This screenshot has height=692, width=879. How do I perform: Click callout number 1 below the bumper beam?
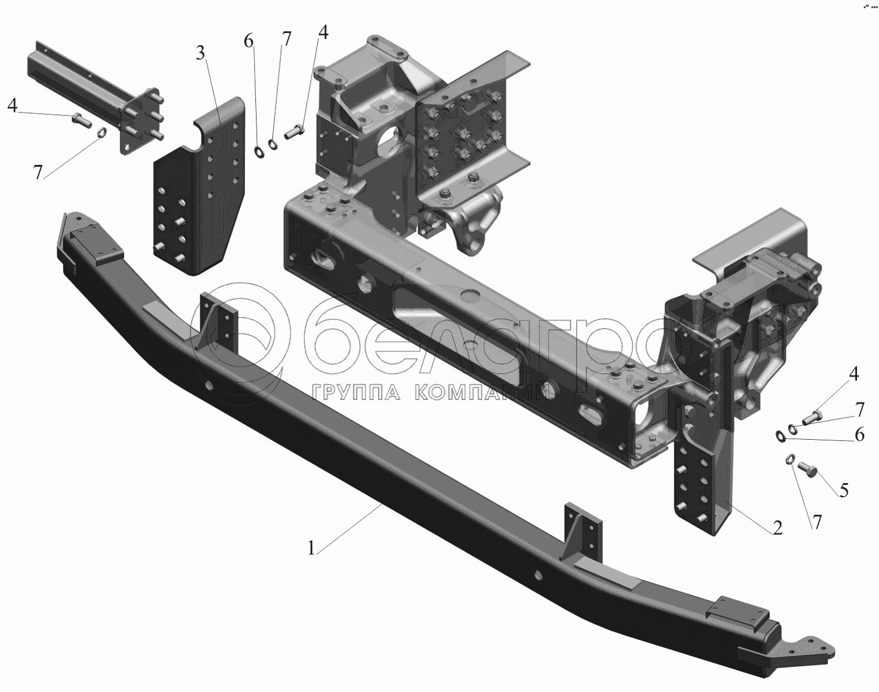coord(312,548)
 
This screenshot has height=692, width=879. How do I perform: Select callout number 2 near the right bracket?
coord(777,528)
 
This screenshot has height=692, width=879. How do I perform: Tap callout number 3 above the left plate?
coord(201,53)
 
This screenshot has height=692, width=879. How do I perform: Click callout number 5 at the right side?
coord(844,490)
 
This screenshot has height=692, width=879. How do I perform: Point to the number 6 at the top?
coord(248,41)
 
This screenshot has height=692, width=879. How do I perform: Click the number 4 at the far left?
coord(13,106)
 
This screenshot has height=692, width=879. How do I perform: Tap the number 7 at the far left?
coord(38,173)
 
